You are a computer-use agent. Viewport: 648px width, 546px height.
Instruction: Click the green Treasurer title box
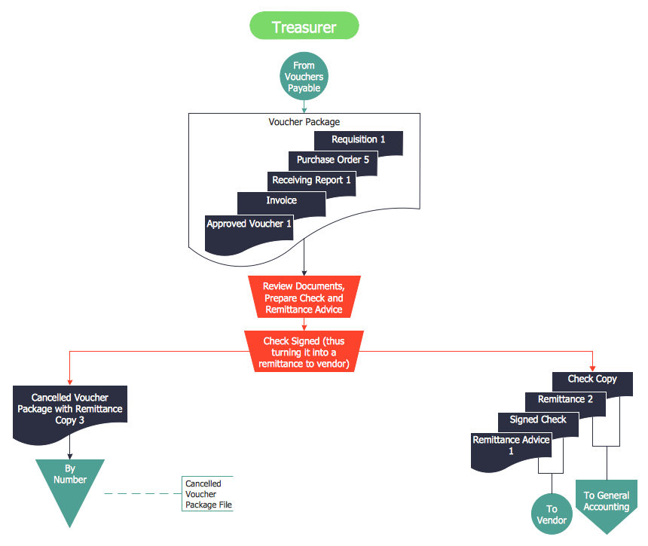pos(304,27)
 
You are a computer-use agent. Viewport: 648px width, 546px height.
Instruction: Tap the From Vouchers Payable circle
pos(304,77)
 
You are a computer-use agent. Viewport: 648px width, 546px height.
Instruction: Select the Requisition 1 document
pos(359,140)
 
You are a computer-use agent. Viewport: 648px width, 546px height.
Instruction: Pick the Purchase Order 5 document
pos(332,160)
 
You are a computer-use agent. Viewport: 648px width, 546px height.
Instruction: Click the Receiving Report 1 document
pos(311,181)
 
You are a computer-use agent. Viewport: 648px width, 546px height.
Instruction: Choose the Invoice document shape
pos(281,201)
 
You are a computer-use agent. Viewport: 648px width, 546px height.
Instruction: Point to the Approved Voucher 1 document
pos(249,225)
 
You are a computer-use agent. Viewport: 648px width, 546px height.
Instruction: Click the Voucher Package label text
pos(304,122)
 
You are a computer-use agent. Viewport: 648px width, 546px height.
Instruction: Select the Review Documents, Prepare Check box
pos(304,298)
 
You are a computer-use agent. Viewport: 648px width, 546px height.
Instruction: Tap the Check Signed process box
pos(304,352)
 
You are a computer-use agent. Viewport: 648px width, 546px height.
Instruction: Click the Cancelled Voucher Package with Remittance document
pos(69,409)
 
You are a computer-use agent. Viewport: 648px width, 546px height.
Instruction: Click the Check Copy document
pos(591,380)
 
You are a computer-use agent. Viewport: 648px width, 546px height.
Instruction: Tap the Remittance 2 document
pos(565,400)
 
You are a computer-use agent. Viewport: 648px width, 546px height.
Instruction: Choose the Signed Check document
pos(537,420)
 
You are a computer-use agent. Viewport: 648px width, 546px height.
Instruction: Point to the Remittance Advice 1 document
pos(511,444)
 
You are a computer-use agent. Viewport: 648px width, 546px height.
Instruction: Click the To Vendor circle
pos(552,514)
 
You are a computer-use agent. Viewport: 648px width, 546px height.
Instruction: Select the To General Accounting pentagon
pos(607,504)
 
